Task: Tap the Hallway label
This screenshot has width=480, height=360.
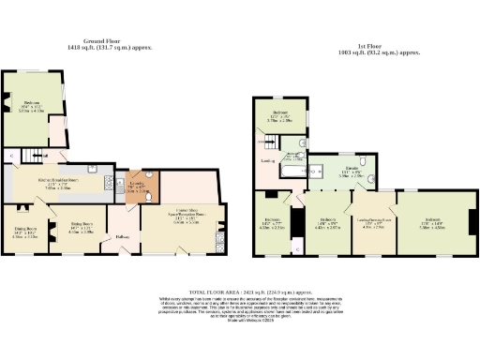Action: tap(122, 236)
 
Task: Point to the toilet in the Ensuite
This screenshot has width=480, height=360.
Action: tap(372, 177)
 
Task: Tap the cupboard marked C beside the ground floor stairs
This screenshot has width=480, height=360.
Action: tap(10, 153)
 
